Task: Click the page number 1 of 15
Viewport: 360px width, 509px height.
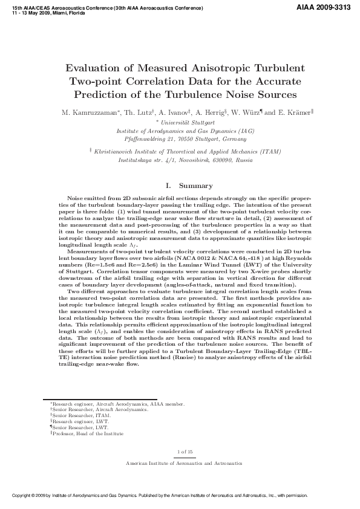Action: point(183,452)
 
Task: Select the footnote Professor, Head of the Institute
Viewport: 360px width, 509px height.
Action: point(88,433)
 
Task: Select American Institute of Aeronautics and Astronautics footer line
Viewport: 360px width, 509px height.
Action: point(183,463)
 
